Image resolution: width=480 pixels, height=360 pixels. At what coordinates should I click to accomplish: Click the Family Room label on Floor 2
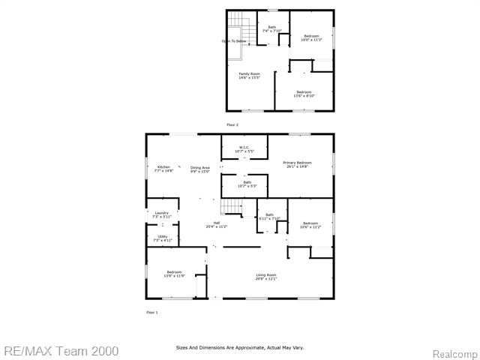(x=249, y=76)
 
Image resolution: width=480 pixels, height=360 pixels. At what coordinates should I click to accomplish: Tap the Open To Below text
(x=233, y=41)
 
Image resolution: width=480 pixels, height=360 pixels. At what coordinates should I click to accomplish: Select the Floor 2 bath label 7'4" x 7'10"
(x=271, y=29)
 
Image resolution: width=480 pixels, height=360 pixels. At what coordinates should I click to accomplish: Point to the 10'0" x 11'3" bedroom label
(x=311, y=38)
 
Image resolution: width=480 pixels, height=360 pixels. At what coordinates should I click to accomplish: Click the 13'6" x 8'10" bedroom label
(x=304, y=94)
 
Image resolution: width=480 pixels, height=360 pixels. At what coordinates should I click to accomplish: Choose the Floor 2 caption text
(x=232, y=124)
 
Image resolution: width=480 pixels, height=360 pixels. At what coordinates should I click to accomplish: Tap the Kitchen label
(x=163, y=169)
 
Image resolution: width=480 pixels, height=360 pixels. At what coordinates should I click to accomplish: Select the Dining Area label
(x=199, y=169)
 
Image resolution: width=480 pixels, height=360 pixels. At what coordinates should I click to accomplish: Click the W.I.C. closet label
(x=244, y=149)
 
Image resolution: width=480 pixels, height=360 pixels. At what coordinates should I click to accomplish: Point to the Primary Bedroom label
(x=297, y=164)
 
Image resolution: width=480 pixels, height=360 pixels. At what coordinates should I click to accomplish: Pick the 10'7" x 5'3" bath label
(x=247, y=184)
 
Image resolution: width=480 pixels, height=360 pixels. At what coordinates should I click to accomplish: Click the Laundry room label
(x=162, y=214)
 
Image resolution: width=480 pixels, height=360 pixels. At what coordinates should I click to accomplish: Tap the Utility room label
(x=163, y=238)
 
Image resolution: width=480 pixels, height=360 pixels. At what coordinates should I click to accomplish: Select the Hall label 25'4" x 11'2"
(x=217, y=224)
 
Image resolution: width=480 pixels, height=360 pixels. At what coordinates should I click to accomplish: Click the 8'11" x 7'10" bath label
(x=269, y=217)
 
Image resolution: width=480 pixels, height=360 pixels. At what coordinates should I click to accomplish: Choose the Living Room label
(x=266, y=277)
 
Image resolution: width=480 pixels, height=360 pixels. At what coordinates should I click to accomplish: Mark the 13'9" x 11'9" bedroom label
(x=174, y=274)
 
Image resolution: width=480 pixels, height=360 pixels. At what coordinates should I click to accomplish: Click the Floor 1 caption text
(x=151, y=312)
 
